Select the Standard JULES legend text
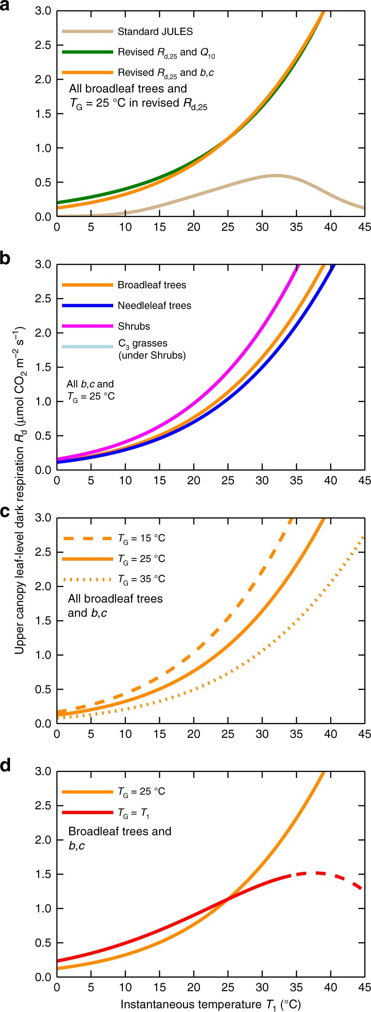pyautogui.click(x=155, y=31)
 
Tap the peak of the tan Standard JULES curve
pyautogui.click(x=275, y=175)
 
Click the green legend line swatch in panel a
pyautogui.click(x=87, y=52)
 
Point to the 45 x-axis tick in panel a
pyautogui.click(x=364, y=227)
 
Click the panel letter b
pyautogui.click(x=5, y=259)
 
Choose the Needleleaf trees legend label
pyautogui.click(x=154, y=306)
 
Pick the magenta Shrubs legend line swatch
pyautogui.click(x=87, y=326)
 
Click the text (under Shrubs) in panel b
pyautogui.click(x=152, y=355)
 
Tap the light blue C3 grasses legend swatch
pyautogui.click(x=87, y=347)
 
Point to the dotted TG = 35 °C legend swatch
pyautogui.click(x=87, y=579)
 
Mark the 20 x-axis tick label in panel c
pyautogui.click(x=193, y=734)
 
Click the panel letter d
pyautogui.click(x=5, y=766)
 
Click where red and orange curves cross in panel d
pyautogui.click(x=228, y=898)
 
